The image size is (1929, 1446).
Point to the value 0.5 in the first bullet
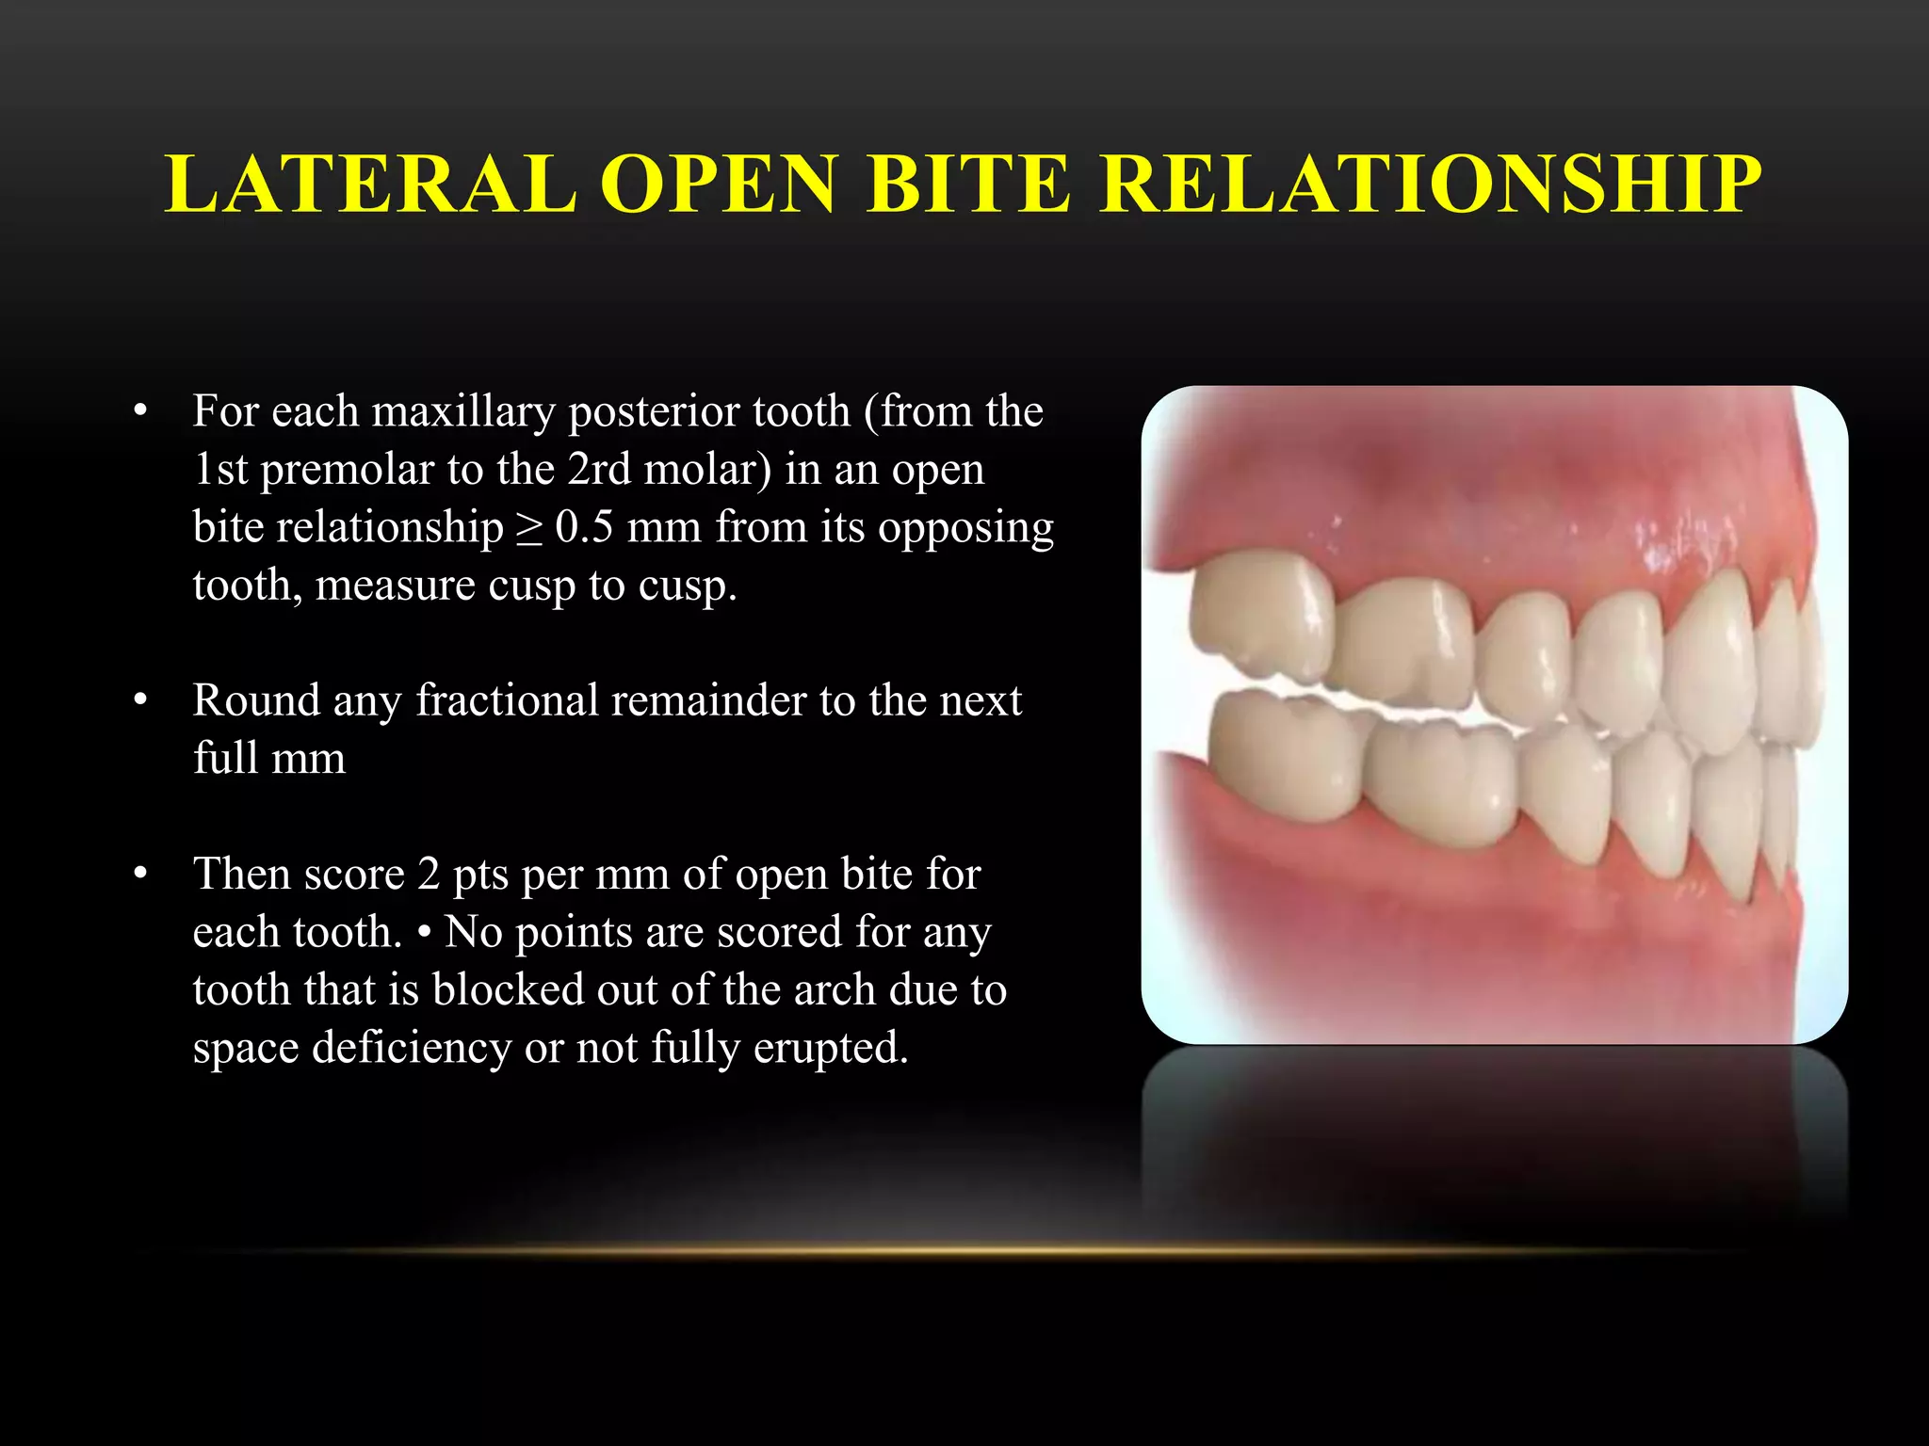point(583,527)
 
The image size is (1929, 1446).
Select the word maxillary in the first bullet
point(463,412)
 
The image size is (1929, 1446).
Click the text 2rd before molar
point(599,470)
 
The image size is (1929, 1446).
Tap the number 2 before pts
point(429,875)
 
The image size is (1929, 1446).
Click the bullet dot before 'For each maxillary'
point(141,411)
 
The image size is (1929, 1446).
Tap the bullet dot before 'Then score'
point(141,874)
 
